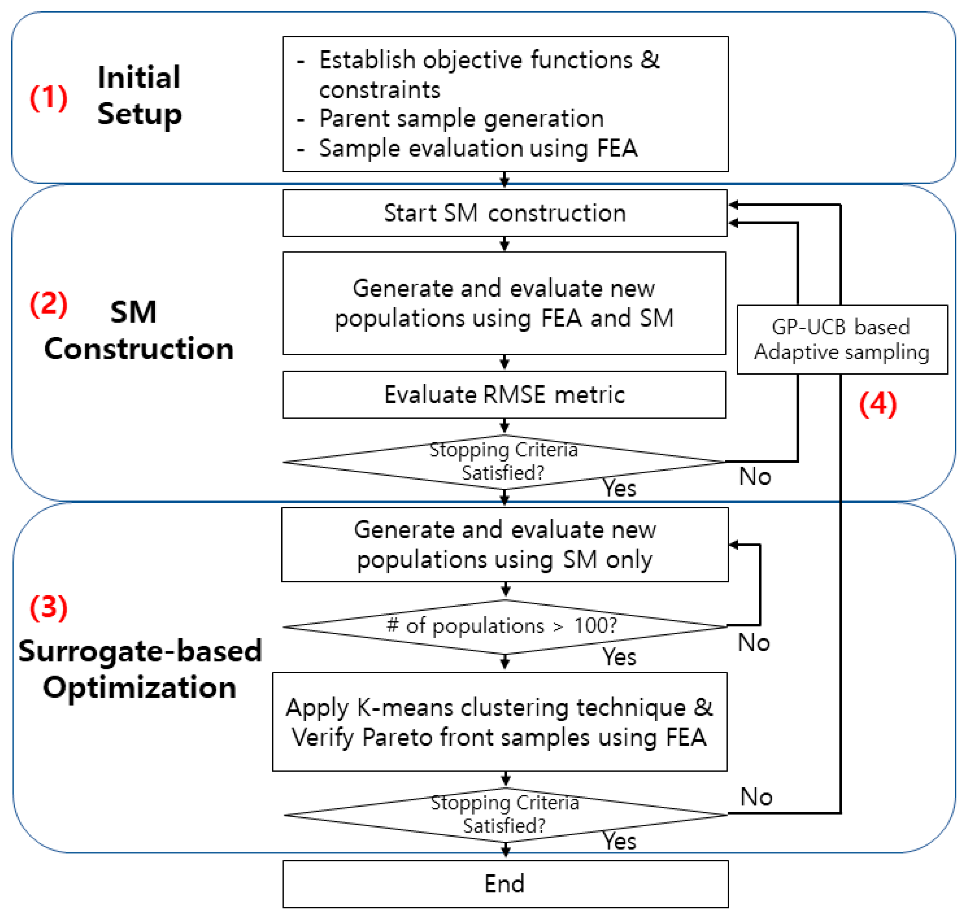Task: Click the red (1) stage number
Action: (48, 97)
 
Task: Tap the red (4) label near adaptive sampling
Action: (877, 405)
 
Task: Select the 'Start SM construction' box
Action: (504, 213)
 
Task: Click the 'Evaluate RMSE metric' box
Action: (504, 395)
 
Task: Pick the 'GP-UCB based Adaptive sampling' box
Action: (842, 340)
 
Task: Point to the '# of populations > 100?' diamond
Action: (504, 626)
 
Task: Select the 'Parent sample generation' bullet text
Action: (461, 119)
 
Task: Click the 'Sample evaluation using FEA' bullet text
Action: (478, 148)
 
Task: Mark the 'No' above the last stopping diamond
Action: (756, 797)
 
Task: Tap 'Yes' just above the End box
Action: (619, 841)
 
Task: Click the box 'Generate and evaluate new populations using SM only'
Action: (504, 544)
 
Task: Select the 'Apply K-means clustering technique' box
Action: (499, 722)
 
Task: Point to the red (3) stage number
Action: (48, 608)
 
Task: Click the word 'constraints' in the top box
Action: (380, 90)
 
